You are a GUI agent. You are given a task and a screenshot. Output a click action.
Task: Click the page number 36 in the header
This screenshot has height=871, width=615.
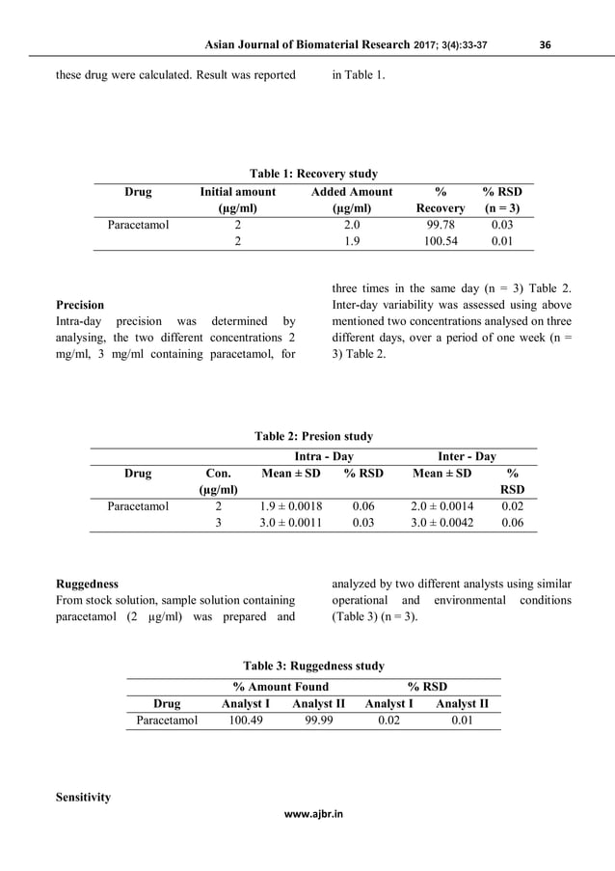(x=546, y=44)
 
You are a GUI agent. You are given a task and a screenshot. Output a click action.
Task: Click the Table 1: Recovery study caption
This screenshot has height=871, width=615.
(x=313, y=174)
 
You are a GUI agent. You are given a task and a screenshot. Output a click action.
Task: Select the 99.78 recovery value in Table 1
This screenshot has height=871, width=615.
(x=440, y=225)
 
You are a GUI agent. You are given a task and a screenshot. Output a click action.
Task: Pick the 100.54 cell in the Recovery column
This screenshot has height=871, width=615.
(x=440, y=241)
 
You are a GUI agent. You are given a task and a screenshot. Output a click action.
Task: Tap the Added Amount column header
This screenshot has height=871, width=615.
(x=352, y=192)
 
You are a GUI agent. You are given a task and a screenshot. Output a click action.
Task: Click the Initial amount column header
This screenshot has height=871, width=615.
(x=237, y=192)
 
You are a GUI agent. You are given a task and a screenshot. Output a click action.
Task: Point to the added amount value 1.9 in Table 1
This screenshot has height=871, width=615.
(x=352, y=241)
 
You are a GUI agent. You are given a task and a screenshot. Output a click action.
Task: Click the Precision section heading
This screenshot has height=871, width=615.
(x=80, y=305)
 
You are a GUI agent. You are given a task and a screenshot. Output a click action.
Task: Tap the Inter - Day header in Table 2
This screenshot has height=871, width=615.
(x=467, y=455)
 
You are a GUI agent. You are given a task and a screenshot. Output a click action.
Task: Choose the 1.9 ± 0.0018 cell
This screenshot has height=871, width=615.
(x=291, y=505)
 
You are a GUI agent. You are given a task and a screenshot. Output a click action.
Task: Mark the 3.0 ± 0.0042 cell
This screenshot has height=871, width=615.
(x=442, y=523)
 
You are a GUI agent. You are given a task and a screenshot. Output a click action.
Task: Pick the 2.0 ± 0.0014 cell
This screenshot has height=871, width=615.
(x=442, y=505)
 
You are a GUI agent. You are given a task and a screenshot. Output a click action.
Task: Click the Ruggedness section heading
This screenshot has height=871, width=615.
(x=87, y=584)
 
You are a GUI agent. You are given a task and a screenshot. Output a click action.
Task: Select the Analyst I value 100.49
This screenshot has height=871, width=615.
(x=245, y=720)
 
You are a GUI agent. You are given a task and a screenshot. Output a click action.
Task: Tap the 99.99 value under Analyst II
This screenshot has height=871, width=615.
(x=319, y=720)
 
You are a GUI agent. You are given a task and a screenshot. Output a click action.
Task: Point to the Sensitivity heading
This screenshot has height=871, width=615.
(x=83, y=798)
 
